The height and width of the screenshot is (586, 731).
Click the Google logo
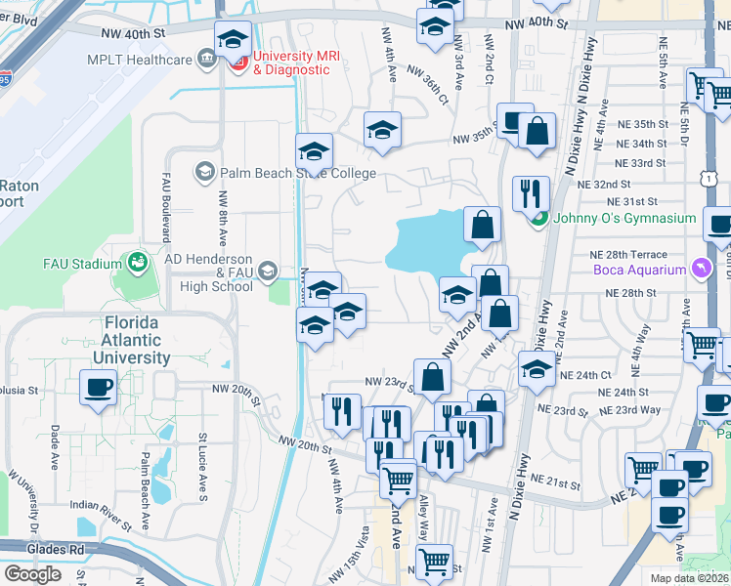(32, 573)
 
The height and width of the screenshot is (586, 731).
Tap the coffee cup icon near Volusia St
(99, 388)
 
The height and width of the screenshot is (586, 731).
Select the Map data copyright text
(690, 578)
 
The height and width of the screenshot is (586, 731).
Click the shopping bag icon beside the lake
(482, 225)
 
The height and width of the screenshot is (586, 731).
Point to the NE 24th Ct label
(584, 374)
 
